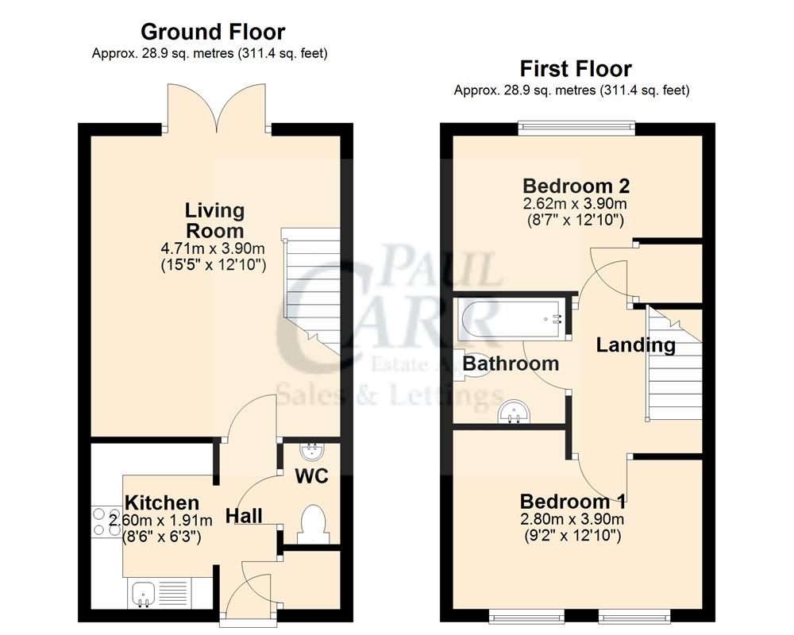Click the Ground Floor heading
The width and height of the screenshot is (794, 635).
(212, 32)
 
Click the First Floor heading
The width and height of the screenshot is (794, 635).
(575, 68)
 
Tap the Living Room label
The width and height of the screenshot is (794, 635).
(214, 221)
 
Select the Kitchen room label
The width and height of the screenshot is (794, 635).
(162, 502)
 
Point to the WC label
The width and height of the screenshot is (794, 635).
(312, 477)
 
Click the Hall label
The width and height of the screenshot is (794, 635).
(244, 516)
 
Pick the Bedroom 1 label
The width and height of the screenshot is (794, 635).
(572, 502)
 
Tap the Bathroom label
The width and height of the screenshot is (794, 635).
(511, 364)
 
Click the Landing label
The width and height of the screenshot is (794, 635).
(635, 345)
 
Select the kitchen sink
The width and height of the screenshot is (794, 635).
(145, 592)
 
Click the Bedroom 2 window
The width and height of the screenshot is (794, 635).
(576, 125)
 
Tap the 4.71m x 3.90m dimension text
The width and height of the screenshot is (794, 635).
(214, 249)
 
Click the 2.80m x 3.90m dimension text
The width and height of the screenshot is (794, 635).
(572, 520)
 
